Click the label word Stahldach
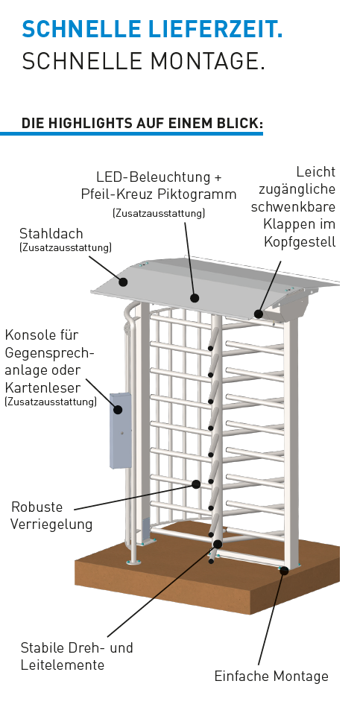(x=51, y=233)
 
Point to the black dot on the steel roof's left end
(x=123, y=282)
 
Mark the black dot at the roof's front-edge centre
(x=195, y=298)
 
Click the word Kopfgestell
(x=300, y=242)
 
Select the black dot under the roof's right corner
(x=259, y=314)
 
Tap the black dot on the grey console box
(x=118, y=410)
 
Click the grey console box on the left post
(x=121, y=430)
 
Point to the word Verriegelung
(x=51, y=525)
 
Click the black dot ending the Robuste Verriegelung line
(x=196, y=484)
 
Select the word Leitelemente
(x=63, y=665)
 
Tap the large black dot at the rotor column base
(x=218, y=544)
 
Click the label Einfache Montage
(x=271, y=676)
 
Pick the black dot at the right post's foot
(x=284, y=570)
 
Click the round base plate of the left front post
(x=133, y=563)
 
